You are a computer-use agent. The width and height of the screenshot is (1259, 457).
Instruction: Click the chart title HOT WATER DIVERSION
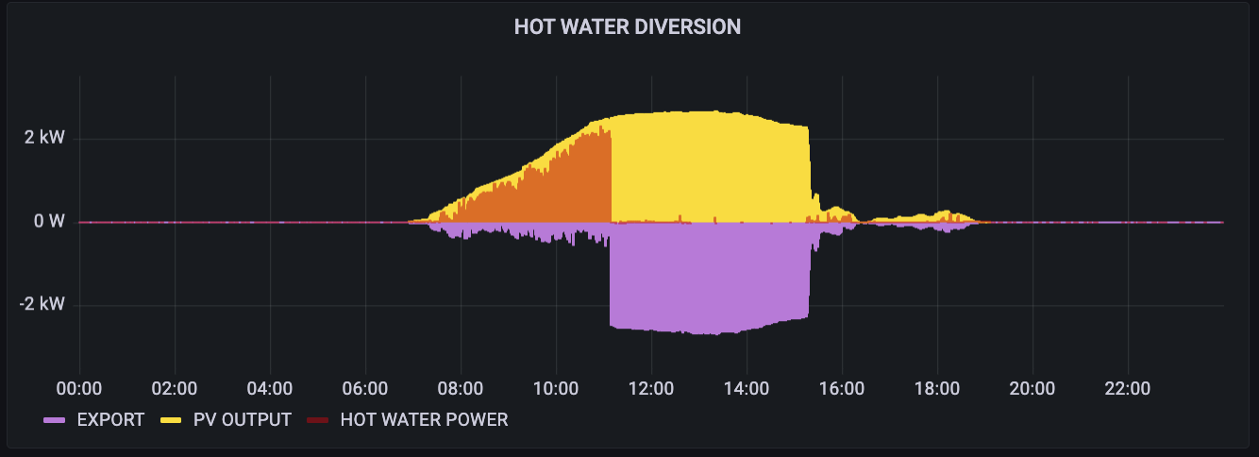(628, 27)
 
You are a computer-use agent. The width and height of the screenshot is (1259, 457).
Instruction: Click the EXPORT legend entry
(110, 419)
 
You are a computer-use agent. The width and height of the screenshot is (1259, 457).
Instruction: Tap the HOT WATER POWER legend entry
(424, 419)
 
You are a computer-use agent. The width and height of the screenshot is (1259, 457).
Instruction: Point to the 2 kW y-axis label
(45, 139)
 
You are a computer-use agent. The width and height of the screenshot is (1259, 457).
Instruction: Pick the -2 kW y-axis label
(42, 305)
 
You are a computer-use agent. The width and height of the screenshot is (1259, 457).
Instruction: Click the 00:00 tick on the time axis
(79, 388)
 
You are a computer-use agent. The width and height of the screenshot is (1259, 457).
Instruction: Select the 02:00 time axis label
(175, 388)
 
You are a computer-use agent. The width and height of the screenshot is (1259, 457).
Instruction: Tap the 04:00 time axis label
(270, 388)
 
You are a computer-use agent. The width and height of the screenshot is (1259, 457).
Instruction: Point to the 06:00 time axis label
(365, 388)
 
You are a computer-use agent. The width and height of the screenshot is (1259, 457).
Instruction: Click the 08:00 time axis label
(461, 388)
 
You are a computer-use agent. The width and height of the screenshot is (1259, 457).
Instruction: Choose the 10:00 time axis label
(556, 388)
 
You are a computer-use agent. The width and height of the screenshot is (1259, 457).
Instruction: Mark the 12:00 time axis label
(651, 388)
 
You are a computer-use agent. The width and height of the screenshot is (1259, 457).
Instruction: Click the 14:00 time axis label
(747, 388)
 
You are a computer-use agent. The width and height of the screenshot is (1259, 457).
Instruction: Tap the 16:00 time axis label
(842, 388)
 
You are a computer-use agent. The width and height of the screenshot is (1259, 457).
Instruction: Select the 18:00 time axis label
(937, 388)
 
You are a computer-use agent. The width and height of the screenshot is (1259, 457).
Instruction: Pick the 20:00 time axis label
(1032, 388)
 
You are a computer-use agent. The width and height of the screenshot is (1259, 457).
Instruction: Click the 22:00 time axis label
(1128, 388)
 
